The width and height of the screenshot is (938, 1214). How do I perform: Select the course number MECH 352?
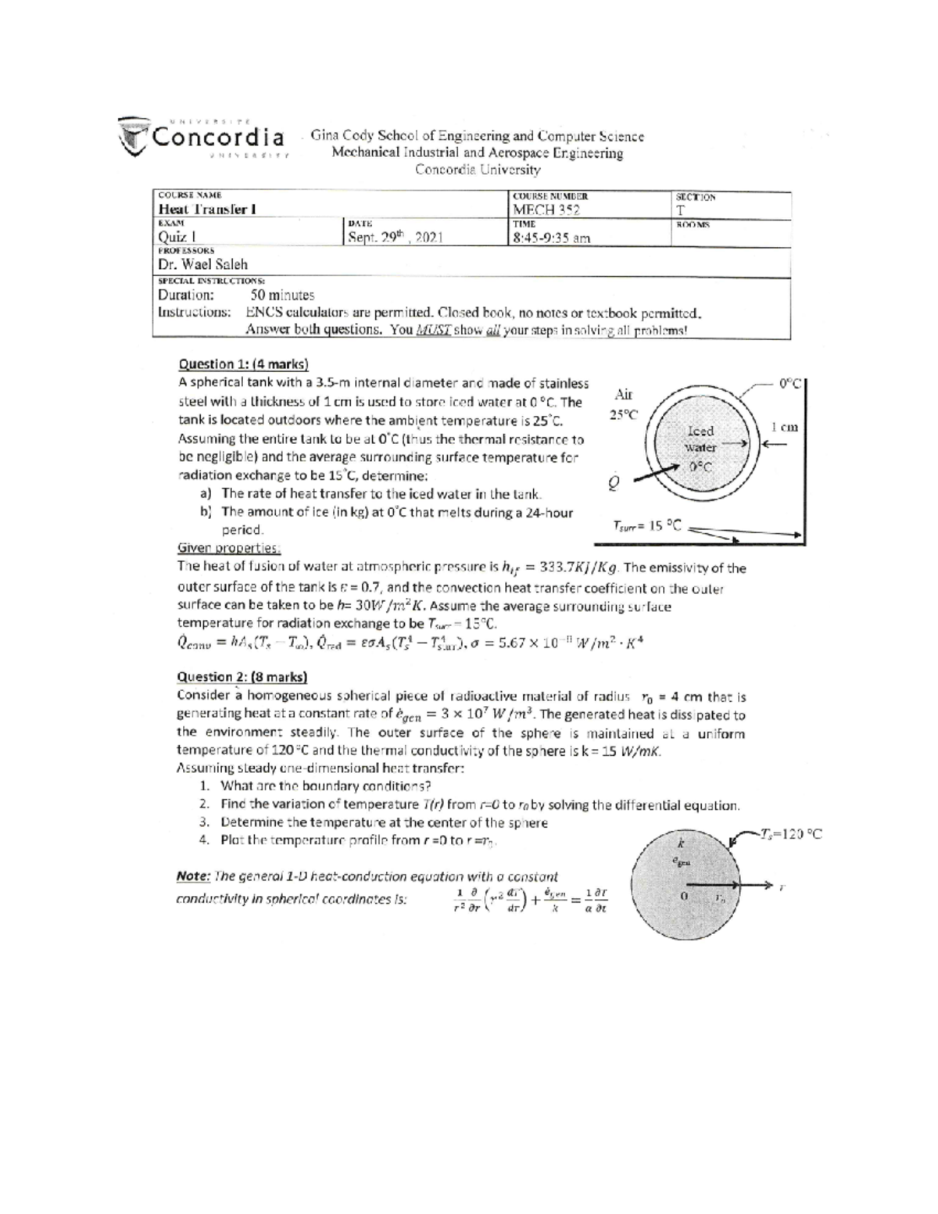point(546,209)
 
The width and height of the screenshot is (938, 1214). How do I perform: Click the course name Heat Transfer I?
point(207,209)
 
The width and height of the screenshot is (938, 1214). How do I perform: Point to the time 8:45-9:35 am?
point(551,238)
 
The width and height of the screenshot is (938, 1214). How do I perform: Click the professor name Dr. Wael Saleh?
point(202,264)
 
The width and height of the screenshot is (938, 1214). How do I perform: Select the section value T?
point(680,210)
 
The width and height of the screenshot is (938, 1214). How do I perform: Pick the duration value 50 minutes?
point(282,295)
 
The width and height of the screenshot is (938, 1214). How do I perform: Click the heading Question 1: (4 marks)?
point(244,363)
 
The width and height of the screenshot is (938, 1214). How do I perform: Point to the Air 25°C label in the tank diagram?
point(625,404)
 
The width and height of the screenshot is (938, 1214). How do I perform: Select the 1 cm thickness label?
point(784,427)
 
